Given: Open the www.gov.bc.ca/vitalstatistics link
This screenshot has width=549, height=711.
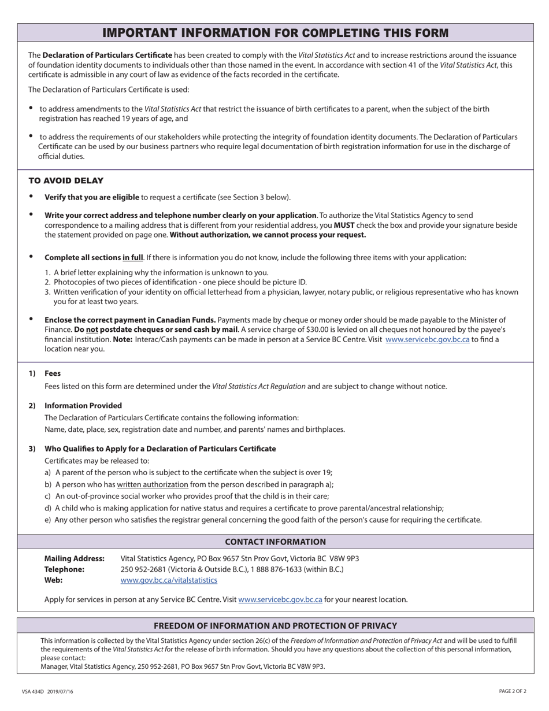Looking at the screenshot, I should pyautogui.click(x=169, y=580).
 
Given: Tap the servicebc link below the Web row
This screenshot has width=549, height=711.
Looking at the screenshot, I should pyautogui.click(x=280, y=599).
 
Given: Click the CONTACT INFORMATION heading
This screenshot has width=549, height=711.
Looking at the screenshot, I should pyautogui.click(x=275, y=542).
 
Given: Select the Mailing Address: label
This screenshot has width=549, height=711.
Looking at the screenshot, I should pyautogui.click(x=75, y=558).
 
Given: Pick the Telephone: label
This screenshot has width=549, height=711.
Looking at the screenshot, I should pyautogui.click(x=64, y=569).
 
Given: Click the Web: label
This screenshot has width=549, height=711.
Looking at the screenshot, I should pyautogui.click(x=54, y=580).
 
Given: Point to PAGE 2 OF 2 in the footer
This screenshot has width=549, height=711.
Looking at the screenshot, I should pyautogui.click(x=513, y=691).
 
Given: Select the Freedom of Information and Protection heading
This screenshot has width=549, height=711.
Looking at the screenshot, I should pyautogui.click(x=275, y=625).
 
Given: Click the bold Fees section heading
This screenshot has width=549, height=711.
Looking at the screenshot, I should pyautogui.click(x=53, y=373).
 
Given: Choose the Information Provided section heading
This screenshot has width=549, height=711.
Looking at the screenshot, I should pyautogui.click(x=83, y=405).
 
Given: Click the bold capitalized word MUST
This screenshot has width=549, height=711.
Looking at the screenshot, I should pyautogui.click(x=344, y=225).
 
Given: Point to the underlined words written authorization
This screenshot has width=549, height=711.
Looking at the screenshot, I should pyautogui.click(x=153, y=484).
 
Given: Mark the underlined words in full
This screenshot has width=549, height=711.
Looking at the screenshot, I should pyautogui.click(x=132, y=257).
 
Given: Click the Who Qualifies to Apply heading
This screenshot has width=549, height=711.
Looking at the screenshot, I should pyautogui.click(x=160, y=449).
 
